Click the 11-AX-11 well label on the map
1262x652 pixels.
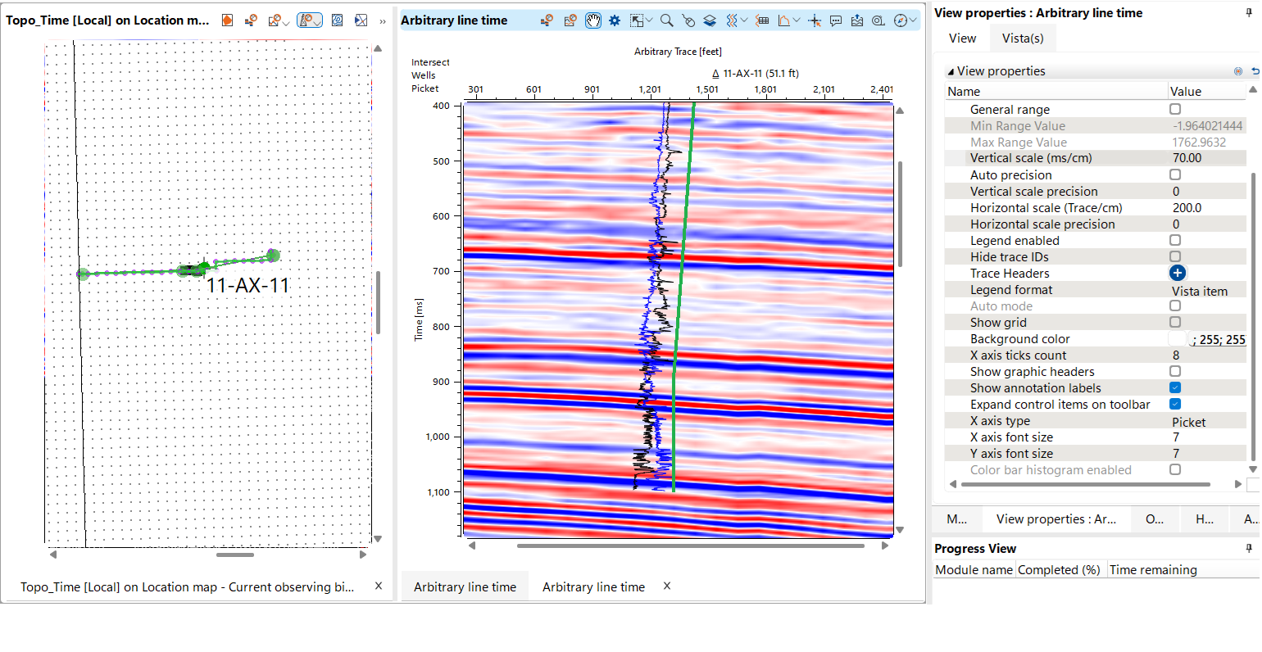247,286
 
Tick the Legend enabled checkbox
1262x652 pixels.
1175,240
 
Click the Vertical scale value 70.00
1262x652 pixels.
1187,158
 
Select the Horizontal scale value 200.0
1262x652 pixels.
1187,208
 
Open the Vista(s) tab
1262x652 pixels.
1022,38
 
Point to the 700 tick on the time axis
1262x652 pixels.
441,271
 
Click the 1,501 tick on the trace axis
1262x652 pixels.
707,90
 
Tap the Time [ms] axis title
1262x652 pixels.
419,319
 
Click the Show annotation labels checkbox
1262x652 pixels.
1175,387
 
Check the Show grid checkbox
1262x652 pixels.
1175,322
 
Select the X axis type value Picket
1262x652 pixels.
1188,422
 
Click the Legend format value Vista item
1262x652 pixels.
1200,291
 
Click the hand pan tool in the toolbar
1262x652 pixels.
592,20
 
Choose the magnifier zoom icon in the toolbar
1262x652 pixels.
667,20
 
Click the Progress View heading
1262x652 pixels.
975,549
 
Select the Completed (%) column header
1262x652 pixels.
1059,570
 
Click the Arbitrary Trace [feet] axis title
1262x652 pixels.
678,52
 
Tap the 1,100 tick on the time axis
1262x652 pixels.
438,492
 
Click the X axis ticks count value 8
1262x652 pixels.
1176,355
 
